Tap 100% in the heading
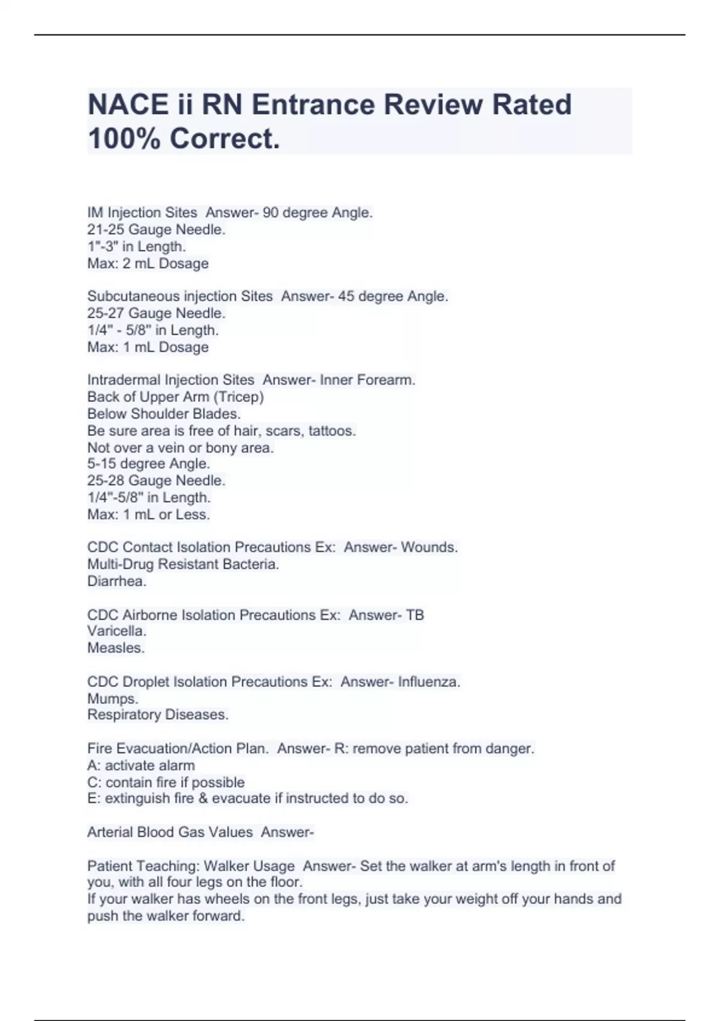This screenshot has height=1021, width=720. pos(124,139)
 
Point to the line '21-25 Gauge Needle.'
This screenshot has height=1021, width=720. pos(156,229)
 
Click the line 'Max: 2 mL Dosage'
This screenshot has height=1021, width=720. pos(148,263)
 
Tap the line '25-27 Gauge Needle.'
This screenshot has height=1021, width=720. pos(156,313)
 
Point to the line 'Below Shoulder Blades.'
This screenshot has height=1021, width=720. pos(164,414)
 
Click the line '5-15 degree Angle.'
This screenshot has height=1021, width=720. pos(148,464)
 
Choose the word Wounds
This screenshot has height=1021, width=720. pos(429,547)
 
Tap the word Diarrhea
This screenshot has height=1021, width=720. pos(116,581)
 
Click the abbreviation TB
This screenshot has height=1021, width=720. pos(415,615)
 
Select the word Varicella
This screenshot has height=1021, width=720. pos(116,631)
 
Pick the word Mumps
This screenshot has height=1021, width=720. pos(112,698)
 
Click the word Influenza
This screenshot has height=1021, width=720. pos(429,682)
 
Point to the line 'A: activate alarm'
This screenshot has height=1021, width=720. pos(140,765)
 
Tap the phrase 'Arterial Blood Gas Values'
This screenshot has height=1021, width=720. pos(170,832)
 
